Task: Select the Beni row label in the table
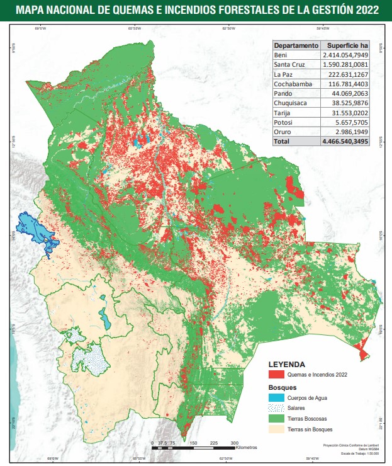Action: (x=281, y=55)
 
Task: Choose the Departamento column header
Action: (x=296, y=46)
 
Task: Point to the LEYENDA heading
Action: (x=286, y=364)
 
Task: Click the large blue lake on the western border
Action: (x=35, y=229)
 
